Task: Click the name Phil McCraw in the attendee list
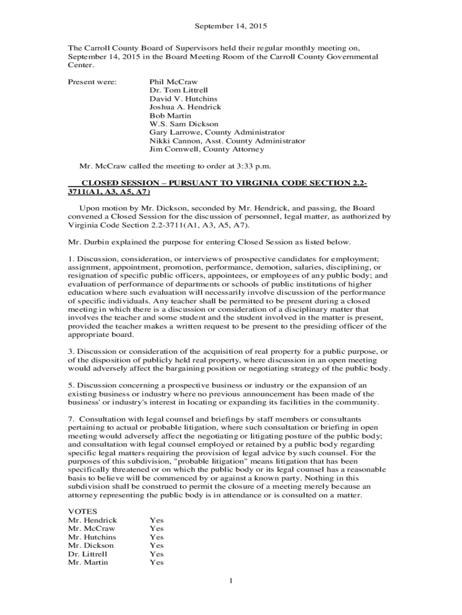(x=173, y=82)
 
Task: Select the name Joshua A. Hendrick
(x=185, y=107)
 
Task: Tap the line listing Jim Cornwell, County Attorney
(x=206, y=149)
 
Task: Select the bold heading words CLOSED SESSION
(x=116, y=183)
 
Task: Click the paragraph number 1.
(x=70, y=259)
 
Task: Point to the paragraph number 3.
(x=70, y=351)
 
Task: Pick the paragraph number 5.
(x=70, y=385)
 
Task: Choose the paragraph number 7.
(x=70, y=419)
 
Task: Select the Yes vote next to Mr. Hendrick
(x=156, y=520)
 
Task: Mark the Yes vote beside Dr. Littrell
(x=156, y=554)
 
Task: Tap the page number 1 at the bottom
(x=231, y=580)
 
